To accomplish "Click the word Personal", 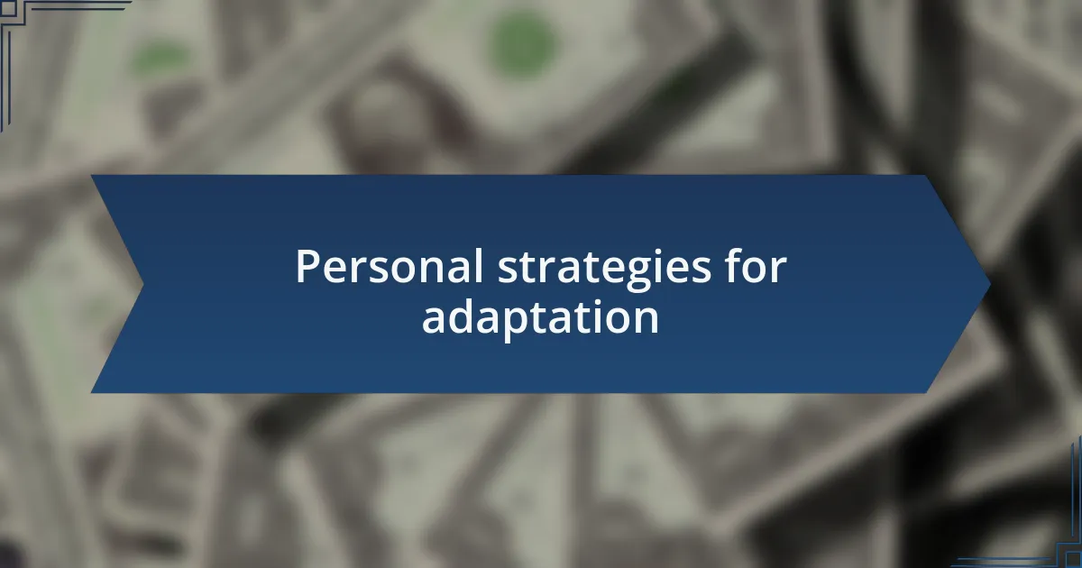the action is tap(390, 266).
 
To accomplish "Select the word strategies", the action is tap(604, 270).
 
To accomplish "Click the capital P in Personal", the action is tap(307, 266).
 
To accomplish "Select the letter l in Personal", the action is tap(480, 265).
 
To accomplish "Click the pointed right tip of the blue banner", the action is tap(991, 285).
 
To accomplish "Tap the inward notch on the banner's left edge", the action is tap(143, 285).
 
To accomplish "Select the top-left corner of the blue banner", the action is tap(91, 175).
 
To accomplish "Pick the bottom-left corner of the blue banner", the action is tap(91, 393).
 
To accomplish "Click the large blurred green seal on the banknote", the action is tap(522, 44).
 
